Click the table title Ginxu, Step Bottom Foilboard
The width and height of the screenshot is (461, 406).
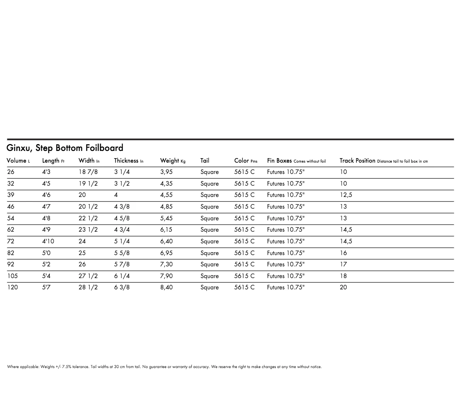pos(65,148)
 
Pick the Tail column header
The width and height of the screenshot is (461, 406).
pos(205,161)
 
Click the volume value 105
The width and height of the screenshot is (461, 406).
pos(13,276)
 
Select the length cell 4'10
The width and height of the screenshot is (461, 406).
pos(48,241)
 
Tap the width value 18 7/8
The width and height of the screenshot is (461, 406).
pos(88,172)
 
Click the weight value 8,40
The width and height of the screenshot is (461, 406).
pos(166,287)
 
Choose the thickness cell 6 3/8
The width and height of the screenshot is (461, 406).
pos(122,287)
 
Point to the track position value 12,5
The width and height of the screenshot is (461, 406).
pos(346,195)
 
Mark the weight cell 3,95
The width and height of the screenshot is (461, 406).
pos(166,172)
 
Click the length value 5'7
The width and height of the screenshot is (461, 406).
pos(46,287)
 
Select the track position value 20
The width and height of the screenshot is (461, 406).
pos(343,287)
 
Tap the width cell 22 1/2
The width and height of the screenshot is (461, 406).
pos(88,218)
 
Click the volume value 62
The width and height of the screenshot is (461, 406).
pos(11,230)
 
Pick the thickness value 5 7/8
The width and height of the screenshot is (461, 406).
pos(122,264)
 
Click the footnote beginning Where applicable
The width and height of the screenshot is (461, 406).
pos(164,367)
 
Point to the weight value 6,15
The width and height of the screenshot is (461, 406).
pos(166,230)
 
